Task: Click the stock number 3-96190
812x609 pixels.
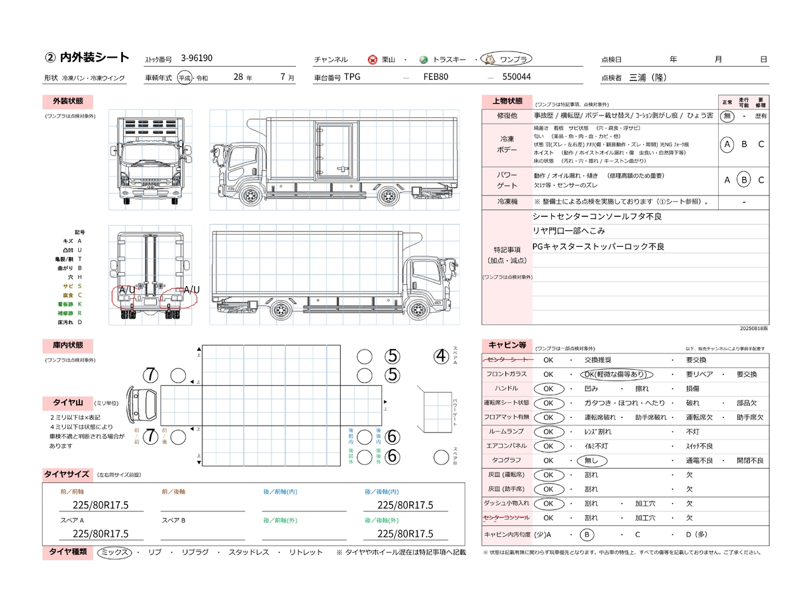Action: point(197,58)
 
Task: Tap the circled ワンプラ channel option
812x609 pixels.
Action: point(507,59)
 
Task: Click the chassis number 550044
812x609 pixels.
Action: point(516,77)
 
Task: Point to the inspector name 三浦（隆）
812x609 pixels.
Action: point(648,77)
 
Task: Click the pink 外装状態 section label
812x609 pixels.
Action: point(68,101)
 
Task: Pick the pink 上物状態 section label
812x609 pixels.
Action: point(507,101)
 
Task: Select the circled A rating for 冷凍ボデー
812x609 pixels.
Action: point(727,145)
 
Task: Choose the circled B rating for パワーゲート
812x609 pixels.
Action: point(744,180)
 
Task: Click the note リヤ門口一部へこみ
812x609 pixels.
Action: point(568,231)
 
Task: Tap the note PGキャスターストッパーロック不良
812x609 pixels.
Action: point(598,246)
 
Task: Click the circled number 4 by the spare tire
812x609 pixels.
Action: point(442,357)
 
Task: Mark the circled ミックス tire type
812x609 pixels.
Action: point(115,553)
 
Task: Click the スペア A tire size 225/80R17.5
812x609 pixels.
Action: point(100,534)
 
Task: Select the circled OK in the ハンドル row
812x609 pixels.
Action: point(548,389)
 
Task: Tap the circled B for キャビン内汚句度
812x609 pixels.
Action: point(587,535)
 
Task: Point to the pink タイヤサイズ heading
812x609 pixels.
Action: point(67,475)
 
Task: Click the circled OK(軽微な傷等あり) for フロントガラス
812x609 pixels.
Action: point(616,374)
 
